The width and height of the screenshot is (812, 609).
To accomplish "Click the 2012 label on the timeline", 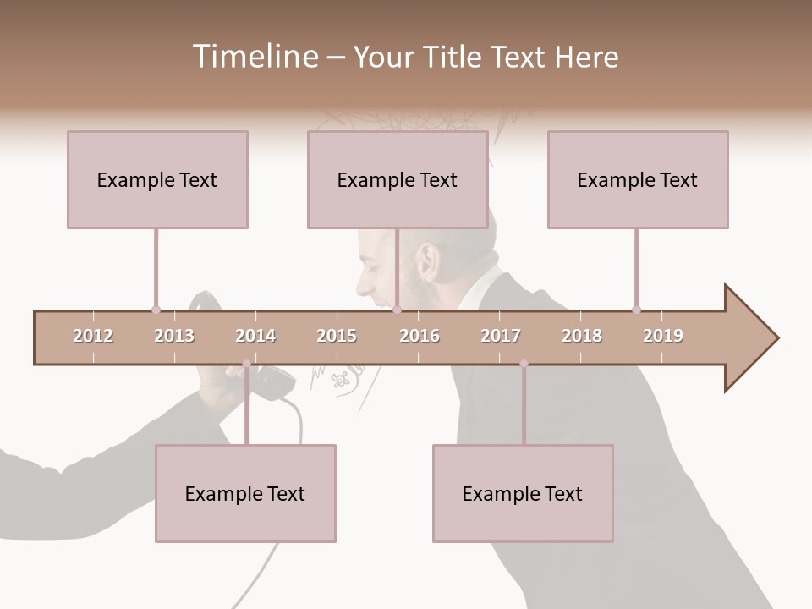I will click(x=93, y=336).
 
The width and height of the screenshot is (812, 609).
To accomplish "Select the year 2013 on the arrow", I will click(x=174, y=336).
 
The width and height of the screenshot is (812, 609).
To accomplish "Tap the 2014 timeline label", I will click(x=255, y=336).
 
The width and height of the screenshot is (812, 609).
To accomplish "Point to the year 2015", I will click(x=337, y=336).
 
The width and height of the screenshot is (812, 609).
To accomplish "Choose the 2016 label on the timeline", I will click(x=420, y=336).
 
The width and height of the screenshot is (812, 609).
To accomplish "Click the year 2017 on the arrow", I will click(x=501, y=336).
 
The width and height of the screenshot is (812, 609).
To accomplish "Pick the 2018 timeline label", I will click(x=582, y=336).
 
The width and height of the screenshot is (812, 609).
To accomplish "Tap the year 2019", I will click(x=663, y=336).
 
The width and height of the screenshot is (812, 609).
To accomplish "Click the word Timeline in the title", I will click(x=253, y=57).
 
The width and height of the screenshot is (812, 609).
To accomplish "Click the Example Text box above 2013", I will click(x=157, y=179).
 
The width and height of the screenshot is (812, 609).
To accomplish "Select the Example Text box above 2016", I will click(x=398, y=179).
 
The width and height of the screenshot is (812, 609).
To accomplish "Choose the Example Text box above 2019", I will click(x=638, y=179).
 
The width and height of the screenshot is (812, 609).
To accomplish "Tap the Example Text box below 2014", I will click(x=245, y=493).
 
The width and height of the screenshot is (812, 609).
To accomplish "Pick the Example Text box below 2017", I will click(x=523, y=493).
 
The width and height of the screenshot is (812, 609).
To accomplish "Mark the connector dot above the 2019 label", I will click(x=636, y=310).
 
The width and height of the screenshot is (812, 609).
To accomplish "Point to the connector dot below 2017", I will click(x=524, y=364).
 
